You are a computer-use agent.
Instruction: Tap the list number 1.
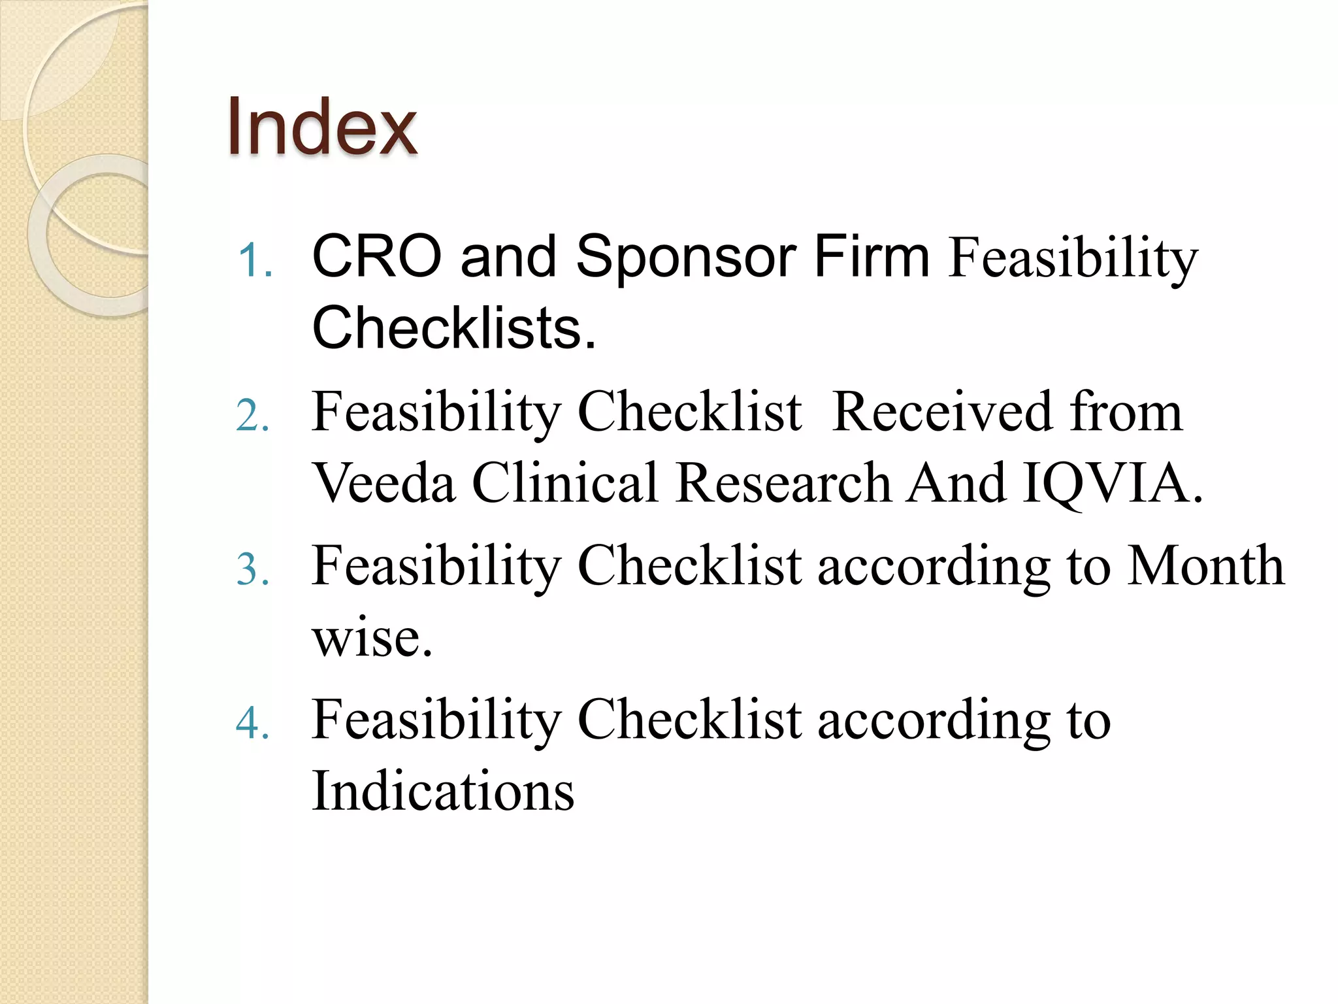pyautogui.click(x=254, y=261)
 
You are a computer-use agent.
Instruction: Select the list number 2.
pyautogui.click(x=253, y=416)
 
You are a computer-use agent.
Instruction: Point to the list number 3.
pyautogui.click(x=253, y=569)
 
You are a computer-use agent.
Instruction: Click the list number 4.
pyautogui.click(x=253, y=724)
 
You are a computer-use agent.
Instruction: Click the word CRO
pyautogui.click(x=377, y=256)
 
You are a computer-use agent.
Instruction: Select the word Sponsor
pyautogui.click(x=685, y=258)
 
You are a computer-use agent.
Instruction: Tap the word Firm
pyautogui.click(x=872, y=256)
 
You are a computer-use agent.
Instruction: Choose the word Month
pyautogui.click(x=1206, y=565)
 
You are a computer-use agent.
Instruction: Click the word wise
pyautogui.click(x=371, y=637)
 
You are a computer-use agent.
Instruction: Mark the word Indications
pyautogui.click(x=443, y=791)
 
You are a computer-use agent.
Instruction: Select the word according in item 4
pyautogui.click(x=934, y=721)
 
